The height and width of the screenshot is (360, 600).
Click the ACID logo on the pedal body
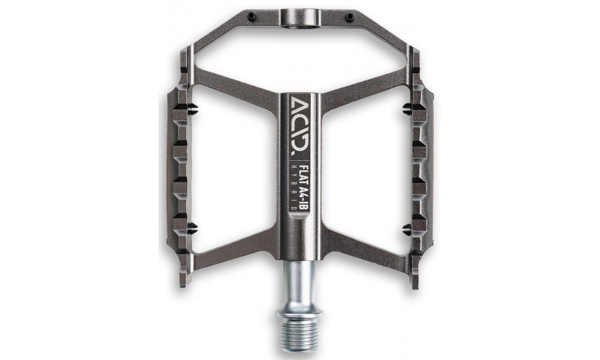tap(300, 109)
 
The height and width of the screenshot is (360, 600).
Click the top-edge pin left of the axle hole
tap(251, 17)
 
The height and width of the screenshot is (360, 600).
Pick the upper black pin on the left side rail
tap(193, 109)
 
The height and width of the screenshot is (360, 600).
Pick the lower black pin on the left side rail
tap(193, 227)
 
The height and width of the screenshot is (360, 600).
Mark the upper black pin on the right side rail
tap(407, 109)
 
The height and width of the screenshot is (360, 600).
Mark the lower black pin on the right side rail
tap(407, 227)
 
